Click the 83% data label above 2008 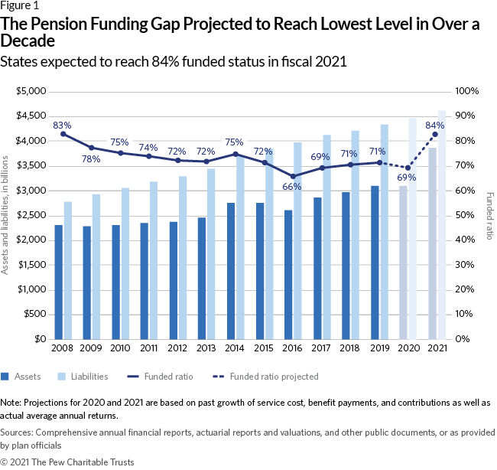pos(62,125)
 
